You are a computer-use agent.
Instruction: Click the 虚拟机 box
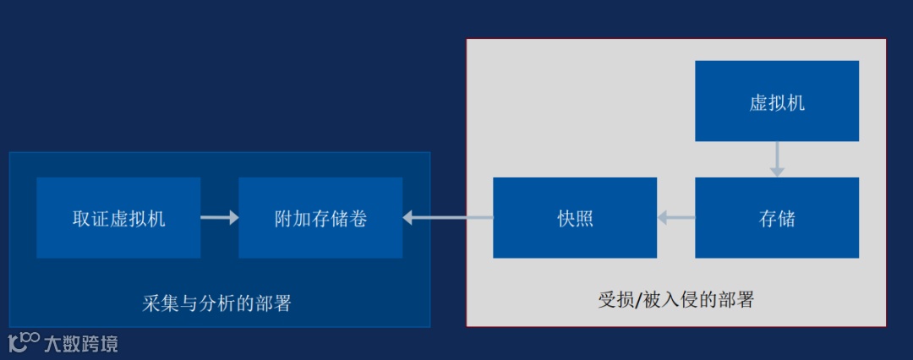point(777,101)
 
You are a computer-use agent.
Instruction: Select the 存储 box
point(777,217)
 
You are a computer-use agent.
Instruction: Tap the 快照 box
point(575,217)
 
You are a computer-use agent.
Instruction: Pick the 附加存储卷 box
point(320,217)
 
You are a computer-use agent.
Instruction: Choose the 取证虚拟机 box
point(118,217)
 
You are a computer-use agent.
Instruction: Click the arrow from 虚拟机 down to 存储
point(777,159)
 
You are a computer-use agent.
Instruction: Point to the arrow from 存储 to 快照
point(676,218)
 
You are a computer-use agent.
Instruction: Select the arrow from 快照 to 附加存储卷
point(448,218)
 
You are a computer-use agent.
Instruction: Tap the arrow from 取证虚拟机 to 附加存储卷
point(220,218)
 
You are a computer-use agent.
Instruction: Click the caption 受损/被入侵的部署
point(675,299)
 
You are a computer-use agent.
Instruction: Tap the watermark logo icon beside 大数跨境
point(24,342)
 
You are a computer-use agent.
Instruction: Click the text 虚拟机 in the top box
point(777,103)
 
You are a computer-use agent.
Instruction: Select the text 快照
point(575,218)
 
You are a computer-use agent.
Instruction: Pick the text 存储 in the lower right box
point(777,218)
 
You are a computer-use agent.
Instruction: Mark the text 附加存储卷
point(320,218)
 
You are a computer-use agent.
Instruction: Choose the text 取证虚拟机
point(118,218)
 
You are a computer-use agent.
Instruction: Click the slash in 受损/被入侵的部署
point(639,299)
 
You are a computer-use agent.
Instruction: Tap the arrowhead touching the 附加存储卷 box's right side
point(408,218)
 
